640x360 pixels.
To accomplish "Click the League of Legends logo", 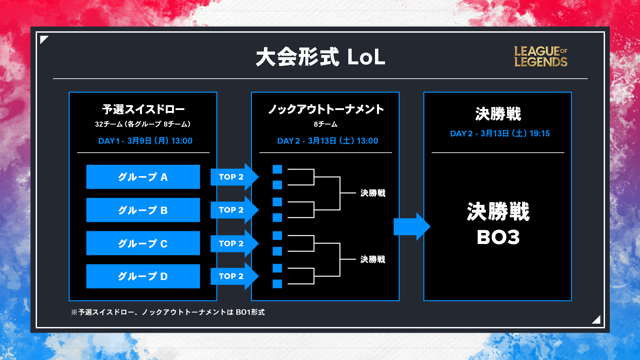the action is (541, 57).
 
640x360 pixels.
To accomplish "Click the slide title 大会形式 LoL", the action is (320, 57).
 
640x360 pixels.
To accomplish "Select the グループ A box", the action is (143, 177).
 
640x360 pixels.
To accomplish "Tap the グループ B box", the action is (143, 210).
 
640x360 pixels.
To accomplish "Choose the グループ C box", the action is (143, 243).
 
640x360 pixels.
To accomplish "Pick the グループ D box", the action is (143, 276).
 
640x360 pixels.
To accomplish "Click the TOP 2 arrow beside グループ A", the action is (235, 177).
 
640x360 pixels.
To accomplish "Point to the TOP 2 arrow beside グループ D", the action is (235, 276).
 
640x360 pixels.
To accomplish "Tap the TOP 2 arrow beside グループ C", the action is (235, 243).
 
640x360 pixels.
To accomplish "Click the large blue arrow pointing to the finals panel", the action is (412, 227).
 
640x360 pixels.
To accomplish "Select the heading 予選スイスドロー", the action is (143, 109).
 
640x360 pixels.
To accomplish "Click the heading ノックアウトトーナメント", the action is (326, 109).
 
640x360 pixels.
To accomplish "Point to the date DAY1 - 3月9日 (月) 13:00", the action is (145, 141).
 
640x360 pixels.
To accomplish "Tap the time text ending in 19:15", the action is (500, 133).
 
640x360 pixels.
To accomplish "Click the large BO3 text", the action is (498, 237).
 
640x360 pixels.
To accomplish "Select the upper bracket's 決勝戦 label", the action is (373, 193).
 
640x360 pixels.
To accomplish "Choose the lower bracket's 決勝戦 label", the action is (373, 259).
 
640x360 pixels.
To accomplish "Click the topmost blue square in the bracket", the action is (277, 169).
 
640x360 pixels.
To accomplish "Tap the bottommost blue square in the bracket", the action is (277, 284).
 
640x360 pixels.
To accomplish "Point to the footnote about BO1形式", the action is (168, 312).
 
